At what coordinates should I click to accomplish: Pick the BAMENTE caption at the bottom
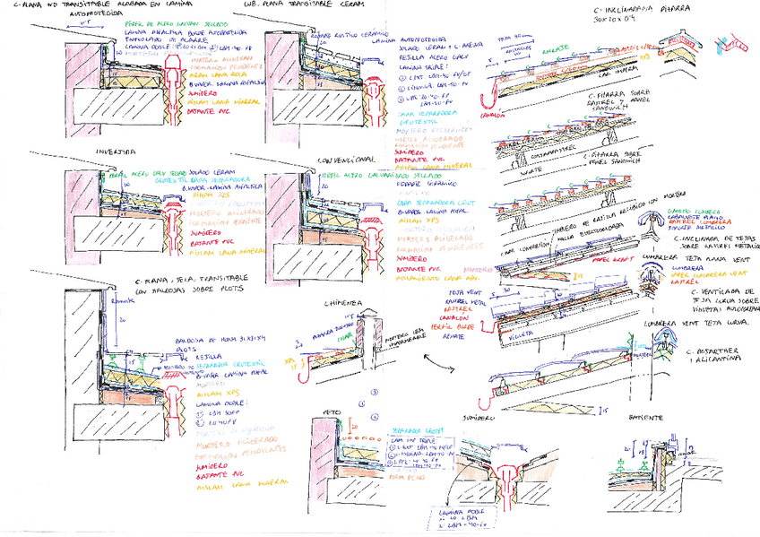[x=646, y=417]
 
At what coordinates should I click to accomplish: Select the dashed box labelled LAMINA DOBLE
[x=458, y=516]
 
